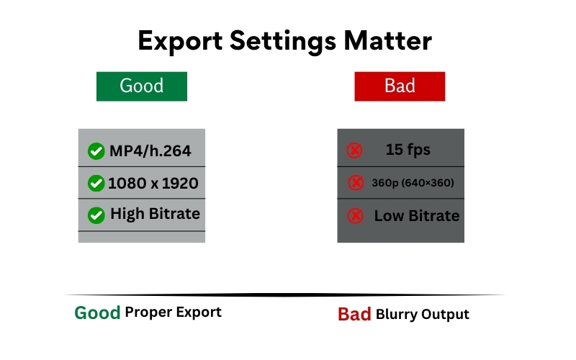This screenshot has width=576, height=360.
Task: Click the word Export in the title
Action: (180, 41)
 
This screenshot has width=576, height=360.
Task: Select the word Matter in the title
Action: (390, 41)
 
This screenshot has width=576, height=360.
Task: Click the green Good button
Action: (142, 86)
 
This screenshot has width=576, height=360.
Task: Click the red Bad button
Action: (400, 86)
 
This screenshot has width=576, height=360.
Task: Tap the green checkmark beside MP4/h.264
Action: (96, 151)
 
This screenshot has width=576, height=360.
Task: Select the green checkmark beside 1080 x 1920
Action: (96, 184)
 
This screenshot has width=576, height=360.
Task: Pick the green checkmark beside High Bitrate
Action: (96, 215)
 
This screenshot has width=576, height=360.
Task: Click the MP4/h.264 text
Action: (150, 151)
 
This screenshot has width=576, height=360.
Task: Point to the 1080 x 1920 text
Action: (153, 184)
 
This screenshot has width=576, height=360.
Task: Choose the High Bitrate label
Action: (155, 215)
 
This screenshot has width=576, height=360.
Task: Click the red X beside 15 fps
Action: (354, 150)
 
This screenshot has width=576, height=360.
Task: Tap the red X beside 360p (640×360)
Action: (356, 184)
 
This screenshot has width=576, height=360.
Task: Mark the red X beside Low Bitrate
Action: (355, 216)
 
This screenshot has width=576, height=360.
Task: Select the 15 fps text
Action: (408, 150)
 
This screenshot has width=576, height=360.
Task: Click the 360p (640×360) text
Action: (413, 184)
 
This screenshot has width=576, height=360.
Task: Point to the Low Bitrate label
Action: (416, 216)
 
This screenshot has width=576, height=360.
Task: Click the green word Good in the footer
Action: (97, 313)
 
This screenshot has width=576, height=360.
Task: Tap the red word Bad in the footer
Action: (354, 315)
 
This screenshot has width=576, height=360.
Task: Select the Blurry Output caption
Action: (422, 315)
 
